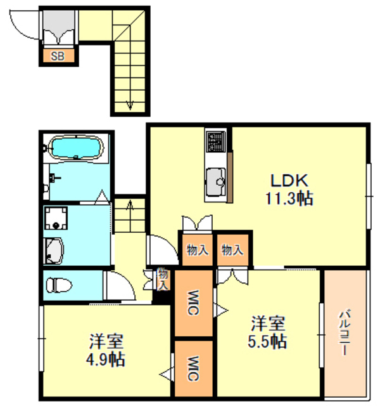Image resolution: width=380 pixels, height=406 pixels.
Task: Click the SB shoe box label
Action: (58, 56)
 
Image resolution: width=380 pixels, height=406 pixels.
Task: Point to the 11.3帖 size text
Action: (289, 198)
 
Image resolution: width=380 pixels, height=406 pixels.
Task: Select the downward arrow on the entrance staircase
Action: (130, 104)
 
